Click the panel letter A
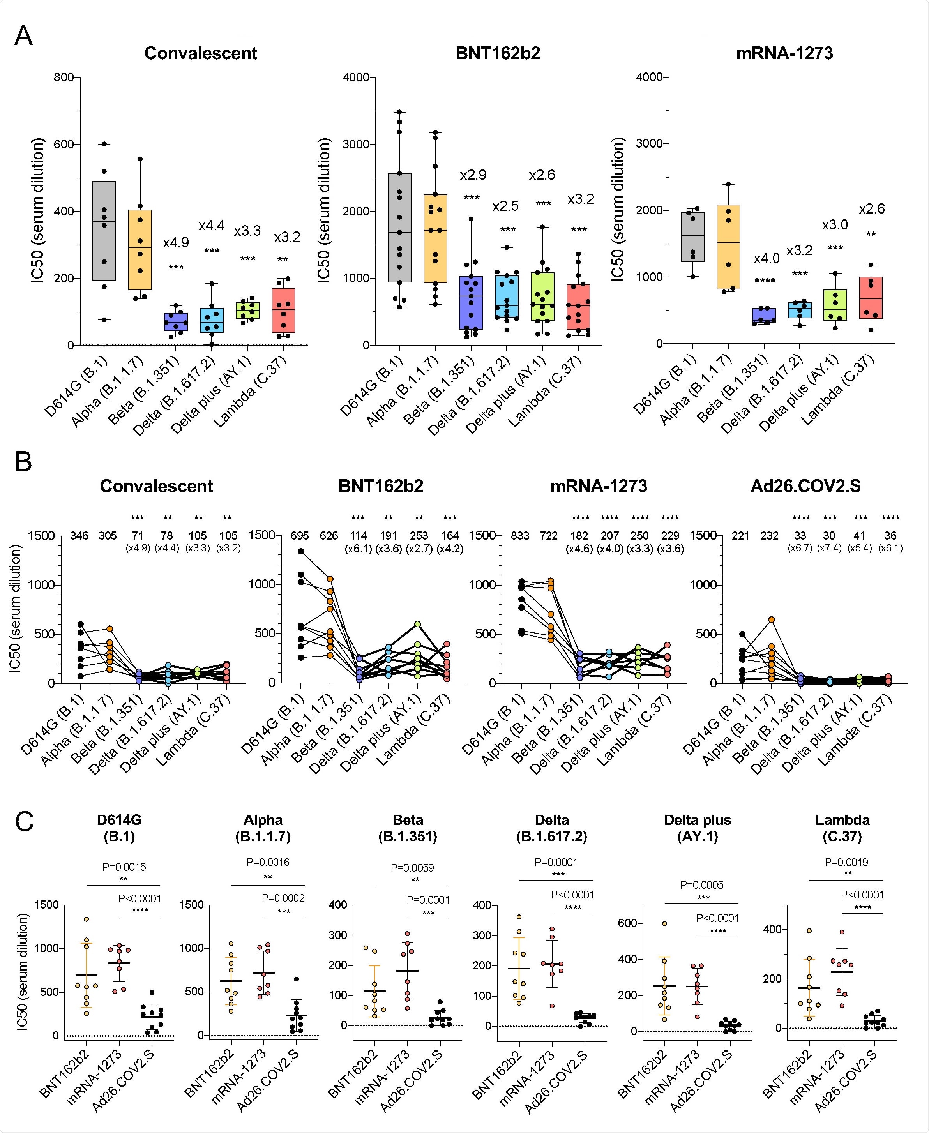coord(23,36)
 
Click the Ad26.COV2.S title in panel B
coord(805,486)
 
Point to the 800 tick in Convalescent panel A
coord(64,78)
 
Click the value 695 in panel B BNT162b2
coord(300,535)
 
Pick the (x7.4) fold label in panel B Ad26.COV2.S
coord(829,548)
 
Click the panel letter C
coord(24,822)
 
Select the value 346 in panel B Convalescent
coord(79,535)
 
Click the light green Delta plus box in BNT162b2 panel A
coord(542,297)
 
